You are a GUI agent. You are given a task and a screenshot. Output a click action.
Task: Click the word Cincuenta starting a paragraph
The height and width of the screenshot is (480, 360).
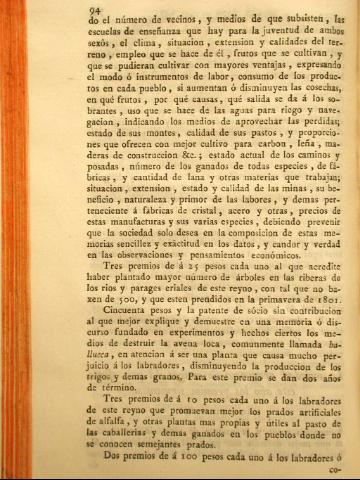(72, 323)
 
